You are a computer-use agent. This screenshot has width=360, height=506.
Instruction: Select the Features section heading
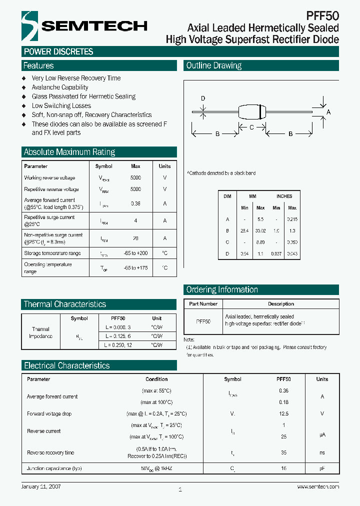tap(38, 65)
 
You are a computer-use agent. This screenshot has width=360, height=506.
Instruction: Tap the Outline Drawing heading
tap(213, 65)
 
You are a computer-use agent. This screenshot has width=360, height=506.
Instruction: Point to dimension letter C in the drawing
tap(251, 127)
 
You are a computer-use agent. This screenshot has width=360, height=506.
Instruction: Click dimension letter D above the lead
tap(203, 98)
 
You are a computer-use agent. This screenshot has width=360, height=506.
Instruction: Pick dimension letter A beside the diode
tap(328, 112)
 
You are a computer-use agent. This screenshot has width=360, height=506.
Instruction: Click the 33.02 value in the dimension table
tap(260, 231)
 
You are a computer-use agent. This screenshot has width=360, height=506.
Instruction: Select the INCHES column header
tap(284, 196)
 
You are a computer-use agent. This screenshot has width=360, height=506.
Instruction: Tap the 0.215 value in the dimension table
tap(292, 219)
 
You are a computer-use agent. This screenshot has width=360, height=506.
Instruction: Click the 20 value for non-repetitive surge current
tap(135, 238)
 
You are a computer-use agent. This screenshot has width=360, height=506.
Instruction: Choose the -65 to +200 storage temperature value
tap(135, 253)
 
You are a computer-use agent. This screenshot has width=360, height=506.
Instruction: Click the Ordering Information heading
tap(222, 289)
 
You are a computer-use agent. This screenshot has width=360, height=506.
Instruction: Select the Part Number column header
tap(203, 303)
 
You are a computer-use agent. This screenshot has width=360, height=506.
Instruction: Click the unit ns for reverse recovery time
tap(322, 452)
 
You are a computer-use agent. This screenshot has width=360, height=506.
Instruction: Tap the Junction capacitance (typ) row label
tap(54, 468)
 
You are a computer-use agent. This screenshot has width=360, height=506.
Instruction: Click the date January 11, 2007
tap(42, 486)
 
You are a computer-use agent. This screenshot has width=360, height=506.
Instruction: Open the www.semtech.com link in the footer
tap(318, 486)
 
